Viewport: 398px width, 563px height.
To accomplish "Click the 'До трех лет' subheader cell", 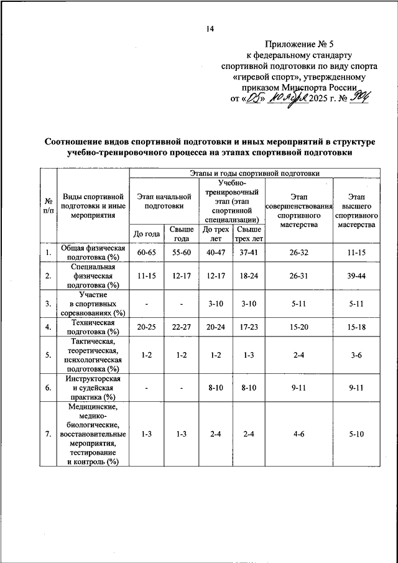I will click(216, 234).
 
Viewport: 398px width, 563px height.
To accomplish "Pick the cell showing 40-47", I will click(216, 253).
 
